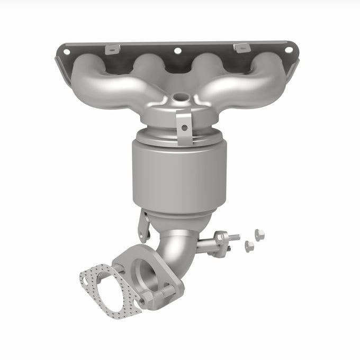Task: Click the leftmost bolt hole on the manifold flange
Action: click(67, 52)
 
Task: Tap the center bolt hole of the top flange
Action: click(177, 51)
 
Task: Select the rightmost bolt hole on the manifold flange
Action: click(289, 50)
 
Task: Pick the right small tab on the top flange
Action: click(241, 48)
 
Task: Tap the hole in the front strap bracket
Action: click(184, 128)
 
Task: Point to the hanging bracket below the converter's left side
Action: click(143, 225)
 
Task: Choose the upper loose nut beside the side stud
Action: click(259, 233)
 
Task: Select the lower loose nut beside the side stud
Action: click(249, 246)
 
